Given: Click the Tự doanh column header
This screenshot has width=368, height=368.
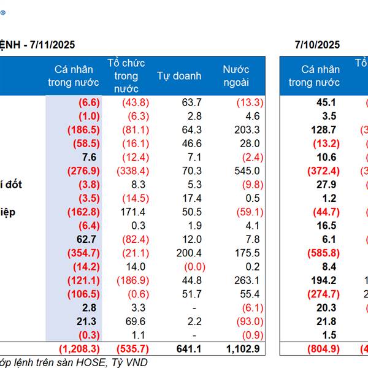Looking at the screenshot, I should click(178, 76).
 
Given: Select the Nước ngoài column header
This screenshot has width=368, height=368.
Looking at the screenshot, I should click(236, 76).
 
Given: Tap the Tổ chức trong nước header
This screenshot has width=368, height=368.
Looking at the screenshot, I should click(126, 76).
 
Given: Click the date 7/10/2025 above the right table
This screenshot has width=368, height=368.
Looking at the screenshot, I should click(317, 45).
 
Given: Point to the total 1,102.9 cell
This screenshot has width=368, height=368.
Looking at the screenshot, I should click(243, 348).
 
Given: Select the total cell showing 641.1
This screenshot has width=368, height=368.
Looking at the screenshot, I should click(188, 348).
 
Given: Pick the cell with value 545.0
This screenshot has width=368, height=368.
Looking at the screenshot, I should click(247, 171).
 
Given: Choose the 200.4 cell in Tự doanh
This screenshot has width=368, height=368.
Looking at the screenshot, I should click(188, 253).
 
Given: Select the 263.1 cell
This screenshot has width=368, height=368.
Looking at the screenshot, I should click(247, 280).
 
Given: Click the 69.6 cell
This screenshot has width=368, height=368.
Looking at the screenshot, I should click(136, 321).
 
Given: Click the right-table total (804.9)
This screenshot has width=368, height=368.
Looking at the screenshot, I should click(322, 348).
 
